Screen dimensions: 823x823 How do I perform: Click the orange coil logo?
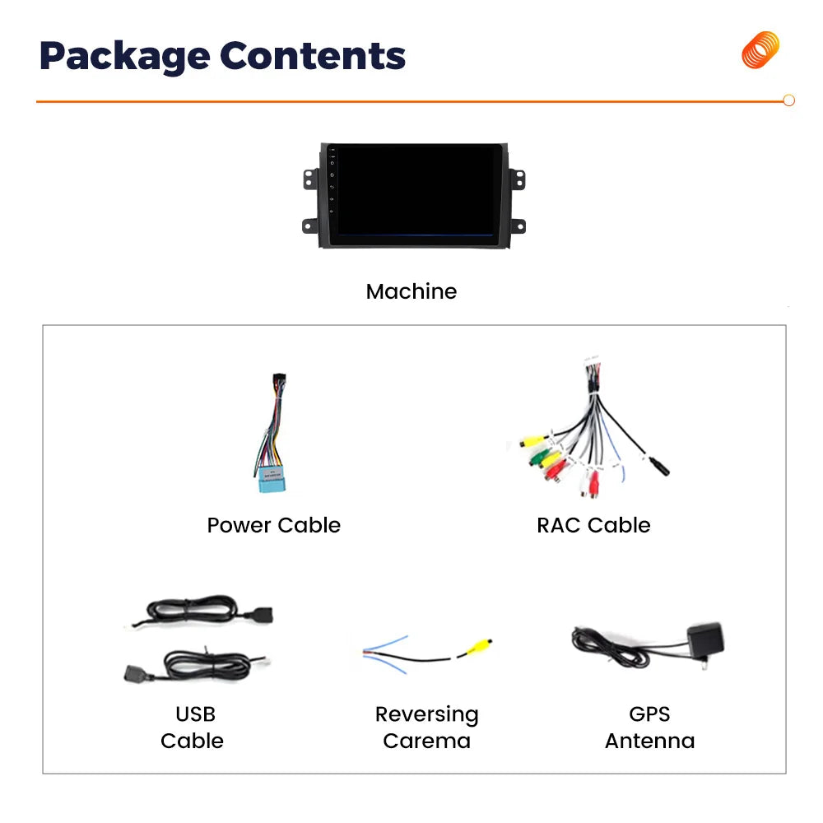point(760,50)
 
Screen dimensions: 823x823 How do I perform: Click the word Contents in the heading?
point(313,56)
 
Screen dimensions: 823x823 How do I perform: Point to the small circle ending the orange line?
point(788,100)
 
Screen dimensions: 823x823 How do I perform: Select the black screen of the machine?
point(415,190)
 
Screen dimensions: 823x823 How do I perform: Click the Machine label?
point(411,291)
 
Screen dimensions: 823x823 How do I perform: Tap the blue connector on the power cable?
point(272,480)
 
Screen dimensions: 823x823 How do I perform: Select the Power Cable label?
point(273,525)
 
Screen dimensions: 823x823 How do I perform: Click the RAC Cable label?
point(593,525)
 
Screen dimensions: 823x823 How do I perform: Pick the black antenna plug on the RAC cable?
point(658,467)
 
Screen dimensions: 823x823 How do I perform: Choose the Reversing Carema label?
point(426,728)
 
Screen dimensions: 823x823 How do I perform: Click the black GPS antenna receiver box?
point(706,640)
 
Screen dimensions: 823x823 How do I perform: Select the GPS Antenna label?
point(650,728)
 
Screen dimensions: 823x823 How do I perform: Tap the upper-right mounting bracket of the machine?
point(517,179)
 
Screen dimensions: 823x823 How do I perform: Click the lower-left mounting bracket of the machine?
point(310,226)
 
